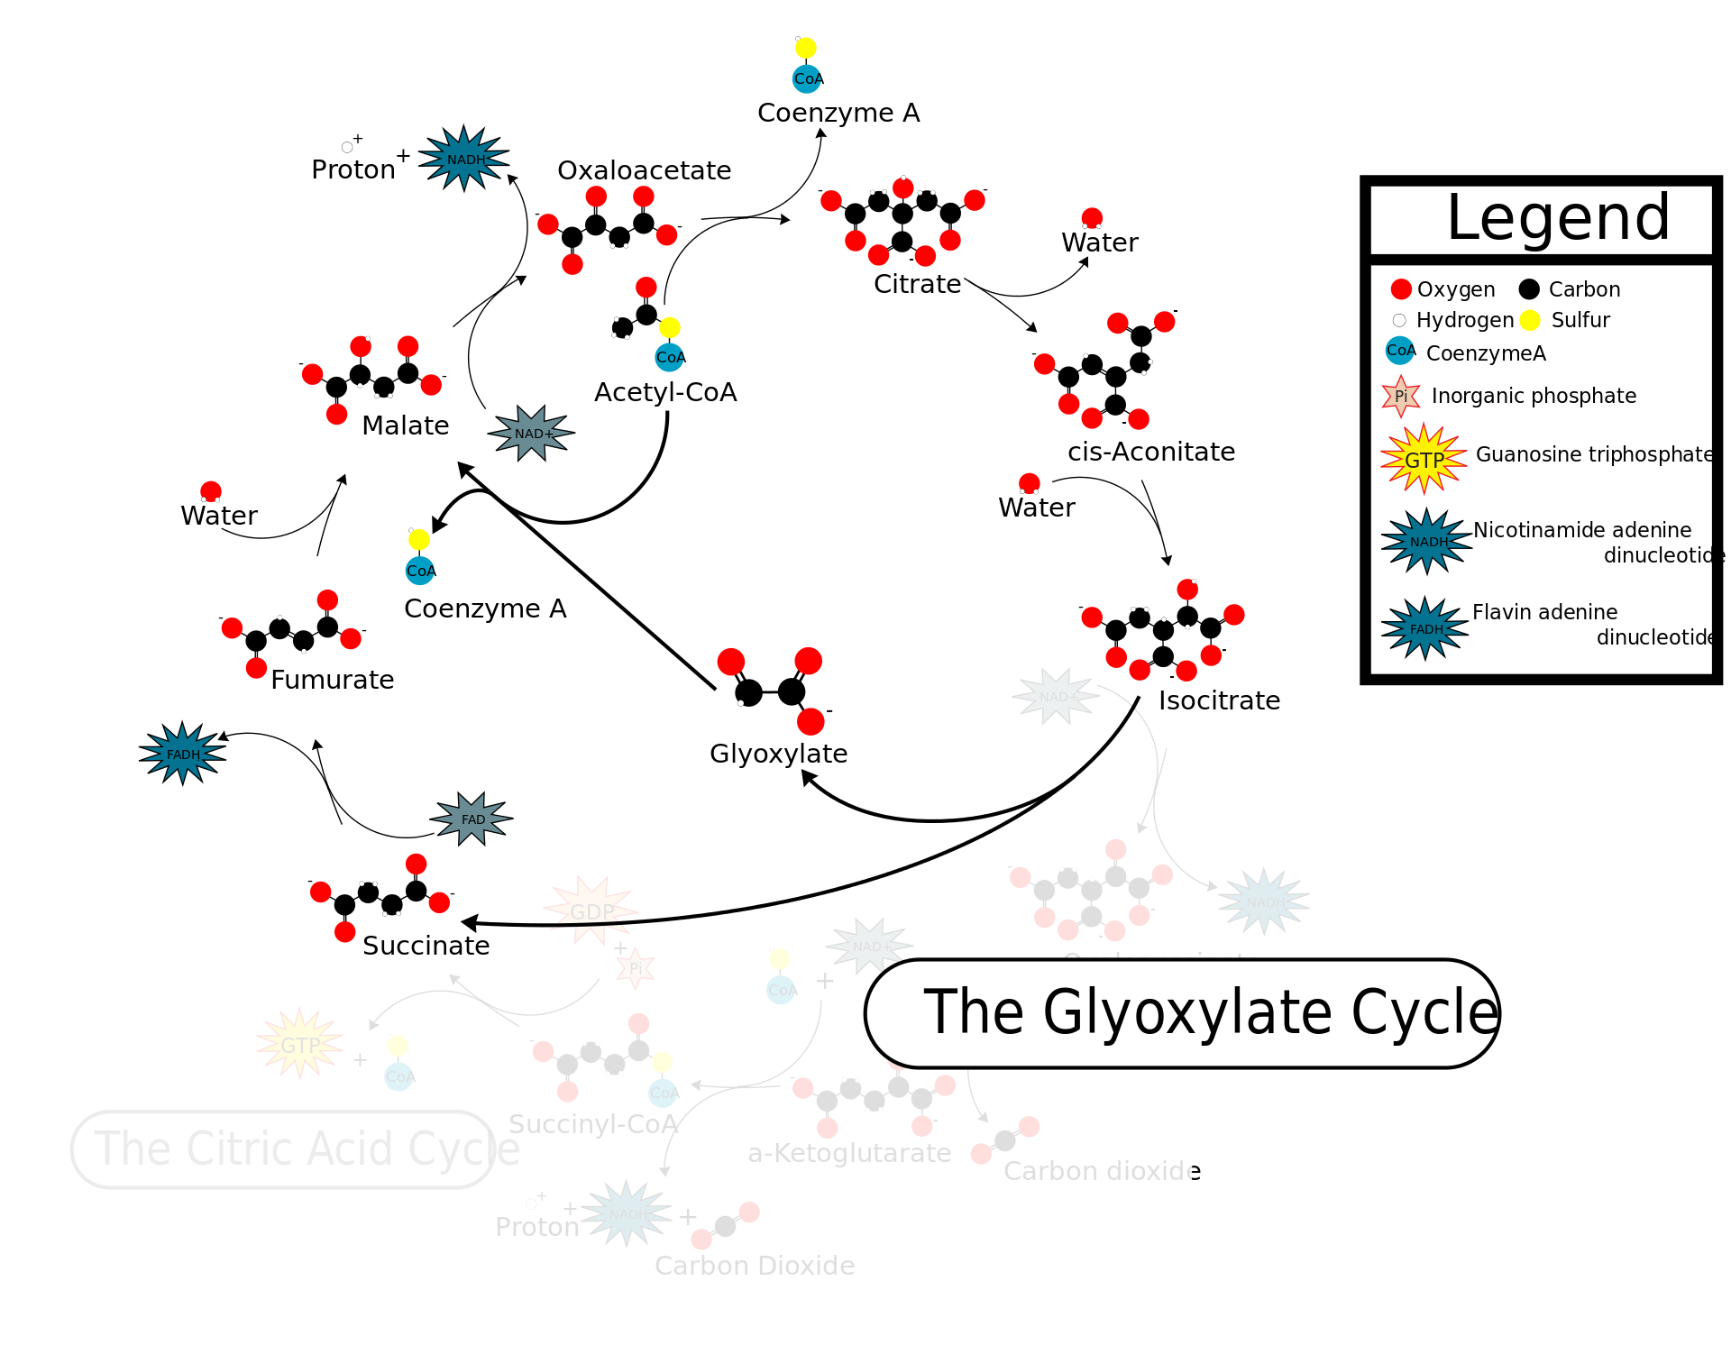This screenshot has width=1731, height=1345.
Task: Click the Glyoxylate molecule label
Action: (x=778, y=754)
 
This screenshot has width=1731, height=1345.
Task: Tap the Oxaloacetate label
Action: (x=644, y=170)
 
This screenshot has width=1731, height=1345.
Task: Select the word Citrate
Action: (x=917, y=284)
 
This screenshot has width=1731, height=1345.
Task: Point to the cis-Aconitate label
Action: (x=1151, y=452)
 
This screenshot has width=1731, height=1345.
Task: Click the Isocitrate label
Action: (x=1219, y=700)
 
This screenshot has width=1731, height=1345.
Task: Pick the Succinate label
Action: (x=426, y=946)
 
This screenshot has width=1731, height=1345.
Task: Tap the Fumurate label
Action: (x=332, y=680)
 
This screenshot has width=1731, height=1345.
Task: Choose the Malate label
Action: (x=405, y=425)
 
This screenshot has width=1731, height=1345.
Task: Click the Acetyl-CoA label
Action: (x=665, y=392)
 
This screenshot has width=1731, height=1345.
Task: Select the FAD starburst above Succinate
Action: (x=472, y=819)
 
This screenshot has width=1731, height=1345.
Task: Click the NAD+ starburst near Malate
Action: (x=532, y=434)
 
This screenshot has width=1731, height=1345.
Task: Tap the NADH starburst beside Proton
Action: (x=464, y=159)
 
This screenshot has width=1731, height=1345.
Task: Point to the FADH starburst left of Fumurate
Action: (x=183, y=754)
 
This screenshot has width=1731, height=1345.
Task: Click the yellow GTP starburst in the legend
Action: (x=1424, y=460)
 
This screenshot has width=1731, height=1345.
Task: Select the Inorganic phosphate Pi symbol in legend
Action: (x=1400, y=396)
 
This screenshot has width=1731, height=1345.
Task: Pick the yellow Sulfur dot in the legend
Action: (x=1529, y=320)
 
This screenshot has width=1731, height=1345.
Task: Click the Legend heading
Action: (x=1558, y=218)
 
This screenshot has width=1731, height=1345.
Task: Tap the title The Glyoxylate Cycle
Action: (x=1208, y=1012)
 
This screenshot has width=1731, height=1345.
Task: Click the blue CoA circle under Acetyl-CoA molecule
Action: (x=670, y=357)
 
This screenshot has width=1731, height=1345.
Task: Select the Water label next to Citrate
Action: (x=1099, y=242)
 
